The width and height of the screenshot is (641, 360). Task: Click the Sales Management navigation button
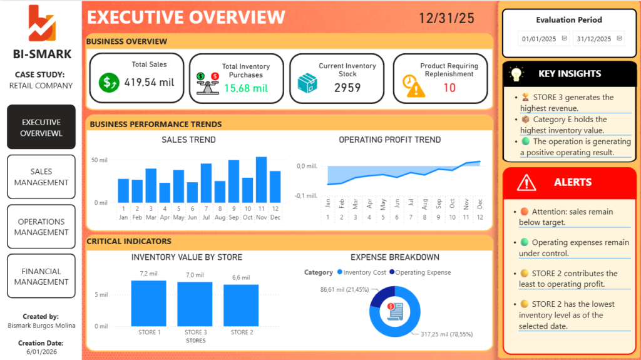[41, 177]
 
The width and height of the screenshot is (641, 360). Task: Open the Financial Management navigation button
[41, 276]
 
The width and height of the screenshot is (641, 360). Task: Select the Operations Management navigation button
[41, 227]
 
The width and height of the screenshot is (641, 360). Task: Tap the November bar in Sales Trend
[261, 180]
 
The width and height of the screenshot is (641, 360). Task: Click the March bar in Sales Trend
[151, 185]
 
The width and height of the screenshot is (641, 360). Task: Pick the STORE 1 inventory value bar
[149, 303]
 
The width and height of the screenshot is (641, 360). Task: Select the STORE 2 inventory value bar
[241, 305]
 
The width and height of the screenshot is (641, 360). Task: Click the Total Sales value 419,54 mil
[149, 82]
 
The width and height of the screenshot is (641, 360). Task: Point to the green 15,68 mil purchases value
[246, 88]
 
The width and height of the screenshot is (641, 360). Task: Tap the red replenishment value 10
[449, 88]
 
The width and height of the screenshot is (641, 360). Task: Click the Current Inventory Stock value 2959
[347, 88]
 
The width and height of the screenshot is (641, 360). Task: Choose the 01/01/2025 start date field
[543, 39]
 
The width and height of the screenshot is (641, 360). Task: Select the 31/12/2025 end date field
[598, 39]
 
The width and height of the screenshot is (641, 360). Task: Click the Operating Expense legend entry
[420, 272]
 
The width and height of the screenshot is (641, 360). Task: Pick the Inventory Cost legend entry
[361, 272]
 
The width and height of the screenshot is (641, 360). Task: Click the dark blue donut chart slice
[381, 294]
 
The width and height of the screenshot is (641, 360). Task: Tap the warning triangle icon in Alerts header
[526, 183]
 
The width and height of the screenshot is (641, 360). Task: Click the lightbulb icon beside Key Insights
[516, 74]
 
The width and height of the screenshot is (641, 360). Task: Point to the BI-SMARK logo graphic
[42, 23]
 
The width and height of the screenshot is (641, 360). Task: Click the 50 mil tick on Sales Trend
[100, 160]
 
